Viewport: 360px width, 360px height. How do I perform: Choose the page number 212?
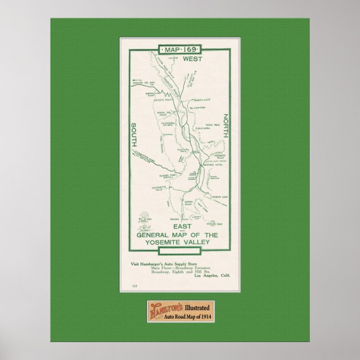pyautogui.click(x=134, y=286)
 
